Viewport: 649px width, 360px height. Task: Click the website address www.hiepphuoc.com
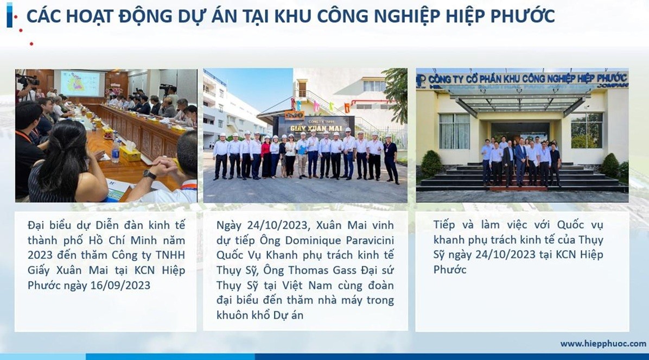click(x=603, y=344)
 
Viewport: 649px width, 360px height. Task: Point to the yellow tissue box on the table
click(x=130, y=155)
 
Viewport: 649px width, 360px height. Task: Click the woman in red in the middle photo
click(x=266, y=157)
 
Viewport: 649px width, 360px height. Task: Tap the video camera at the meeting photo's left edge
click(x=27, y=81)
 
